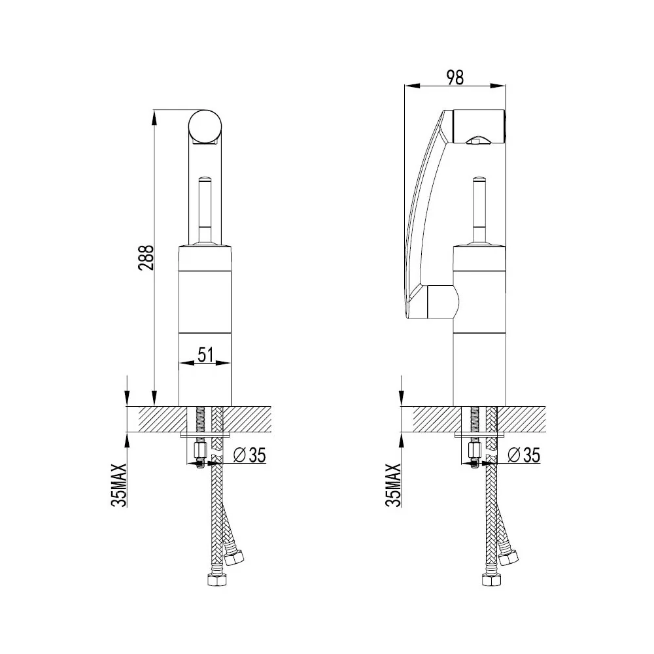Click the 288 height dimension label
pyautogui.click(x=146, y=258)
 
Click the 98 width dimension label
pyautogui.click(x=455, y=78)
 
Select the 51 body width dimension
pyautogui.click(x=205, y=354)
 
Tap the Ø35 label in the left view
pyautogui.click(x=249, y=455)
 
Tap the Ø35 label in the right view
pyautogui.click(x=524, y=455)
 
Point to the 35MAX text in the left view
pyautogui.click(x=119, y=485)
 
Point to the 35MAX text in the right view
pyautogui.click(x=393, y=485)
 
